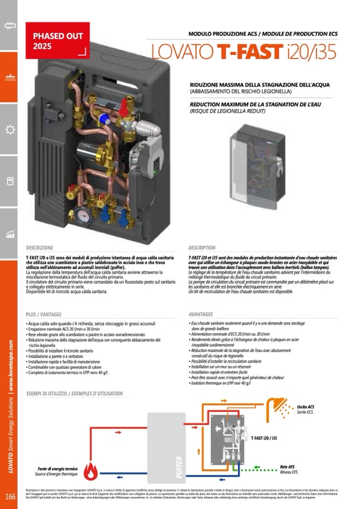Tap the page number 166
tap(10, 497)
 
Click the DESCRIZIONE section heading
tap(40, 248)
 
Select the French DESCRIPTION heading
tap(202, 248)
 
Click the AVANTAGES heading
tap(201, 314)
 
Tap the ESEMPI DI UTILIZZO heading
tap(74, 394)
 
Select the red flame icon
tap(91, 470)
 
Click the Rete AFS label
tap(287, 467)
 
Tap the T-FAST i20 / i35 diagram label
tap(263, 438)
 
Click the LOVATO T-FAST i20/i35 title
tap(244, 52)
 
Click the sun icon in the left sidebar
tap(9, 130)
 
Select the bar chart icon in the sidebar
tap(9, 234)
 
